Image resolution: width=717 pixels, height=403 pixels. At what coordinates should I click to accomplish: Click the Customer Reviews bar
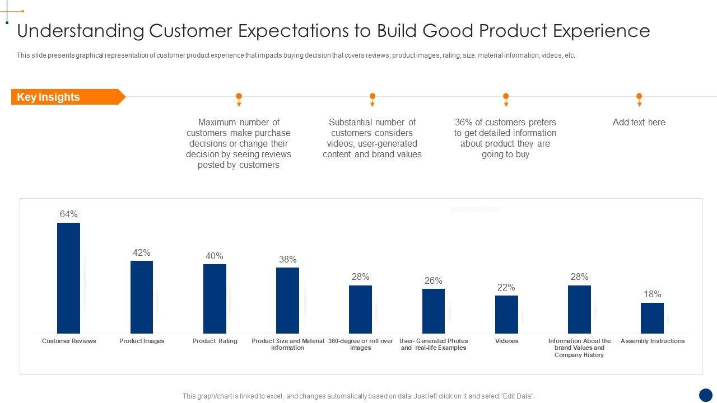point(68,278)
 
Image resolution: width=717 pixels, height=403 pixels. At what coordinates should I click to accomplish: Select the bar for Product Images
point(142,297)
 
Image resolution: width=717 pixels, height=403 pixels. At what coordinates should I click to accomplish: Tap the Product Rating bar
point(215,299)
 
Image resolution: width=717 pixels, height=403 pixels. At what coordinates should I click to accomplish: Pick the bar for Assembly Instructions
point(652,318)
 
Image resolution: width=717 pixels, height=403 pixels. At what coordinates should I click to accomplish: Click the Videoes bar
point(506,315)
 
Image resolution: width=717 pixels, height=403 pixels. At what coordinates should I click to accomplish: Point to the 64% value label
point(68,214)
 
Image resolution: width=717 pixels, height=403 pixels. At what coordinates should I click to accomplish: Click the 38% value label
point(287,260)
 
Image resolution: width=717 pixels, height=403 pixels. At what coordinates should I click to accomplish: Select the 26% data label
point(433,281)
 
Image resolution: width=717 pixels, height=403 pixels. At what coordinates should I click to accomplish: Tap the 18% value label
point(652,294)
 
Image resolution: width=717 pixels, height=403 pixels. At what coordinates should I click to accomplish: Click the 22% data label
point(506,288)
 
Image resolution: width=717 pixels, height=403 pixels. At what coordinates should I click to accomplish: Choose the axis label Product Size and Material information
point(287,344)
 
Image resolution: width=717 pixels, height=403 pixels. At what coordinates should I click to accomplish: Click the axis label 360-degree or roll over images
point(361,344)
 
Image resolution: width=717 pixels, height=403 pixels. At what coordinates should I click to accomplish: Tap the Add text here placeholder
point(639,122)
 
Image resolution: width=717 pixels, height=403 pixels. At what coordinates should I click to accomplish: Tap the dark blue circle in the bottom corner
point(706,395)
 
